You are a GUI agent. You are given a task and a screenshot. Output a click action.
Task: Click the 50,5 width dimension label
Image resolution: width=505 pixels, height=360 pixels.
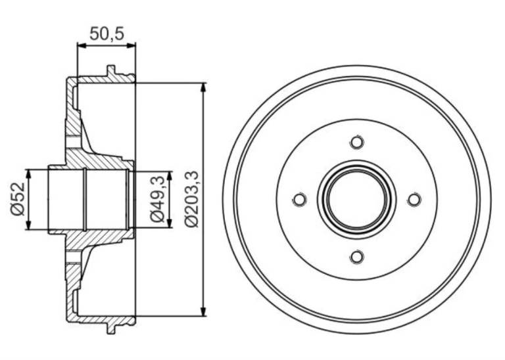coord(107,34)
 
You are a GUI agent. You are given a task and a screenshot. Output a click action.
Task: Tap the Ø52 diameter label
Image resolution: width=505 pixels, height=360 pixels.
coord(18,199)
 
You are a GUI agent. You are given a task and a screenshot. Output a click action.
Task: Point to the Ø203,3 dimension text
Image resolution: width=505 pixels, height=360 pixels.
coord(193,199)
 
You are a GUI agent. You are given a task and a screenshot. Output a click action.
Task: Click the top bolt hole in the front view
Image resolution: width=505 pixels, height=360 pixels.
coord(357,142)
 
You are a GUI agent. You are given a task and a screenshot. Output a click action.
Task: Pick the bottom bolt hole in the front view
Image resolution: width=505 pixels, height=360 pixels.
coord(357,257)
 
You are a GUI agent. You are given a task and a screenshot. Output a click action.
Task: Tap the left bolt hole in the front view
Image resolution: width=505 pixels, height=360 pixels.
coord(300,200)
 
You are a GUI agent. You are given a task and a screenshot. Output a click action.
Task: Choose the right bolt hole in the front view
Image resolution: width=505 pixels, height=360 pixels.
coord(414,200)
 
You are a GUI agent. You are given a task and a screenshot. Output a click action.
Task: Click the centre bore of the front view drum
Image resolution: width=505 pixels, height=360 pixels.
coord(357,200)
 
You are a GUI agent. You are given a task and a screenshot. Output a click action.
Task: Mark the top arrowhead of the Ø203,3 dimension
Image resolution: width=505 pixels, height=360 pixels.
coord(203,87)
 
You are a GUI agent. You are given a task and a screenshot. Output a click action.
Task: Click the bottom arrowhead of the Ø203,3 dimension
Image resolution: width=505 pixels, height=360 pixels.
coord(203,311)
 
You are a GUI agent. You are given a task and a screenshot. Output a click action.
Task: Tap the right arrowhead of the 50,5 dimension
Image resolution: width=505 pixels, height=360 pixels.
coord(131,46)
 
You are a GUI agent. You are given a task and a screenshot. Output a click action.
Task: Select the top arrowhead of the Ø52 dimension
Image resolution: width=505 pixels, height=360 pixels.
coord(29,173)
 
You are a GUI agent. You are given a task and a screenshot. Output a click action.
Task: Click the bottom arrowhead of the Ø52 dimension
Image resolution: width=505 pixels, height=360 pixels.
coord(29,225)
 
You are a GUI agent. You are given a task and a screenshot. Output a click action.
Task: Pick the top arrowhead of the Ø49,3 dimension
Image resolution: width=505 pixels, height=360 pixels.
coord(170,176)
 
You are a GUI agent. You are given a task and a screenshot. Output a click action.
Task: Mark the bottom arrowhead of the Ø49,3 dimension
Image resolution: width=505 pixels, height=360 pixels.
coord(170,223)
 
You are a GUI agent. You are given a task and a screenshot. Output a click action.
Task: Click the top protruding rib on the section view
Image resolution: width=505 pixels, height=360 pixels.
coord(110,71)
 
